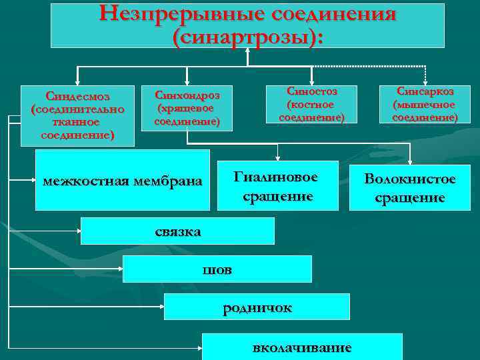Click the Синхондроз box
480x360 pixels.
[187, 107]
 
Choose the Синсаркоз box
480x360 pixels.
[425, 104]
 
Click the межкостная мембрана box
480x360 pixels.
[123, 181]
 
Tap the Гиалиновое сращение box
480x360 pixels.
[277, 187]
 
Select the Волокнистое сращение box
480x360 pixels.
[410, 188]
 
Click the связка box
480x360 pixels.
[178, 231]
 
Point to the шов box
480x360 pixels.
[217, 269]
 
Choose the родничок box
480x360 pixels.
[257, 307]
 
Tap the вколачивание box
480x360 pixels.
[302, 347]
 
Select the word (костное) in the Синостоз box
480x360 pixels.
[310, 105]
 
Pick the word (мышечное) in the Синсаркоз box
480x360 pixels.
[425, 105]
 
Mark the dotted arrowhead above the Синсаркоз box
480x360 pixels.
[425, 81]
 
